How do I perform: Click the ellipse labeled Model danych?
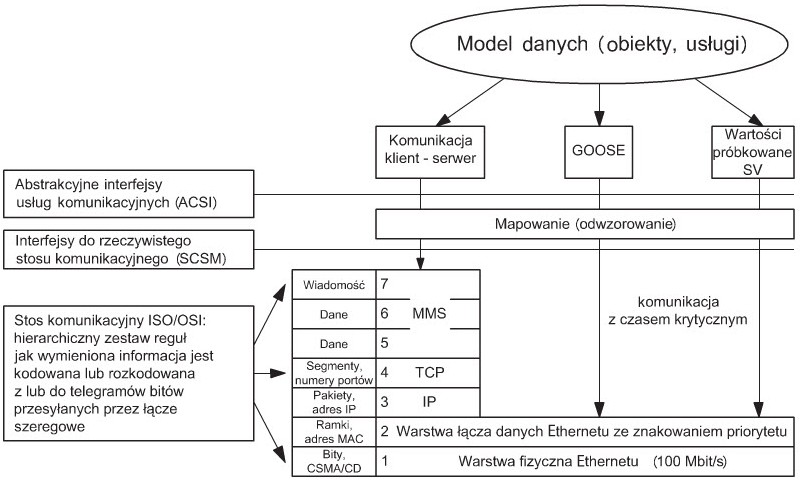pyautogui.click(x=597, y=46)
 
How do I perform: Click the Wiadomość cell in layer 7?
pyautogui.click(x=334, y=285)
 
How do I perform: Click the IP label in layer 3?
pyautogui.click(x=429, y=401)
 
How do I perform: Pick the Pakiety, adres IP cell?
pyautogui.click(x=334, y=401)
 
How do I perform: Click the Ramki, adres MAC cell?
pyautogui.click(x=334, y=431)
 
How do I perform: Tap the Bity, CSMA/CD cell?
pyautogui.click(x=334, y=462)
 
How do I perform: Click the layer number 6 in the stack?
pyautogui.click(x=384, y=312)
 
